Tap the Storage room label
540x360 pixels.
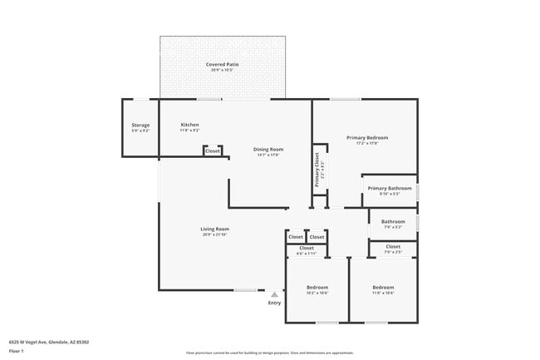pyautogui.click(x=140, y=126)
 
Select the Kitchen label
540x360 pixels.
pyautogui.click(x=189, y=125)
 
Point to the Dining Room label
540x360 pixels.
pyautogui.click(x=268, y=149)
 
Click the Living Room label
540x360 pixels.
pyautogui.click(x=214, y=229)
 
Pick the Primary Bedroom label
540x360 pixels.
pyautogui.click(x=366, y=137)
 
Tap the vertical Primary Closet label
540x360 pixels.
pyautogui.click(x=317, y=169)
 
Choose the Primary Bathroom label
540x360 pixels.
pyautogui.click(x=390, y=188)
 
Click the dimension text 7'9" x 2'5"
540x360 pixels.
pyautogui.click(x=393, y=252)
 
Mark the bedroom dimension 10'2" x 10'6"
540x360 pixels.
pyautogui.click(x=317, y=293)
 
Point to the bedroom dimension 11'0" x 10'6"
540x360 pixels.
pyautogui.click(x=382, y=293)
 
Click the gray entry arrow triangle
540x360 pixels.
pyautogui.click(x=274, y=293)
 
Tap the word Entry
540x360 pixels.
pyautogui.click(x=274, y=303)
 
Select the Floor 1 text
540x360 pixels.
pyautogui.click(x=16, y=352)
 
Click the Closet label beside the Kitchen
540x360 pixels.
pyautogui.click(x=213, y=151)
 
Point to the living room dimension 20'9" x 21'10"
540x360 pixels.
pyautogui.click(x=214, y=234)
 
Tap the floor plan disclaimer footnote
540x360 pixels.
pyautogui.click(x=269, y=353)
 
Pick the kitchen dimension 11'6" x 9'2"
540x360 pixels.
pyautogui.click(x=189, y=131)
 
